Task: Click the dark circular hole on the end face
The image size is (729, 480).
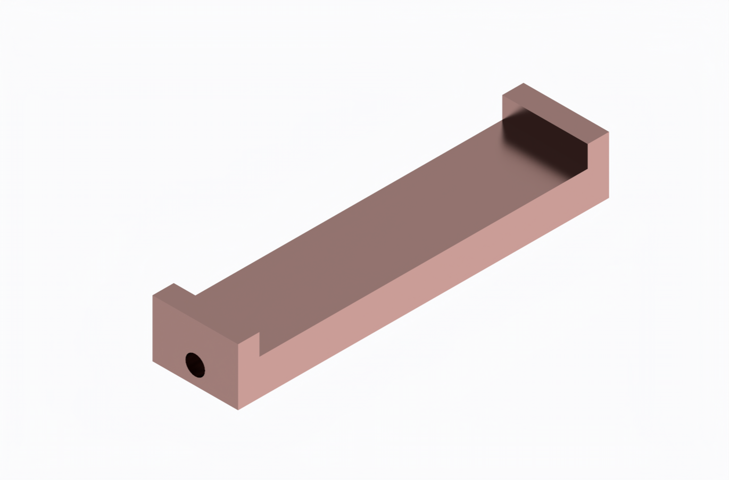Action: click(195, 365)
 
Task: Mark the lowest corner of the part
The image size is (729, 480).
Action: click(238, 410)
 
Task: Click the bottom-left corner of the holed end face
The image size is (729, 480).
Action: click(153, 361)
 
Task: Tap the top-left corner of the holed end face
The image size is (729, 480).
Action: click(153, 296)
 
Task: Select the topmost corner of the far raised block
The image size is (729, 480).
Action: click(524, 83)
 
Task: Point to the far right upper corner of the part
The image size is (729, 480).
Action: click(609, 132)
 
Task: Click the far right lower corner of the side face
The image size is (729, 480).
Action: click(609, 198)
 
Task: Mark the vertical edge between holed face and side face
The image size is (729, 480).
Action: click(238, 377)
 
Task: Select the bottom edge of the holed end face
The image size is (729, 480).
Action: click(195, 386)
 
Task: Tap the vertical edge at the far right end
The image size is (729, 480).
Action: click(609, 165)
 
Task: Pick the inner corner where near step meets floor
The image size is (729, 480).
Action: click(259, 356)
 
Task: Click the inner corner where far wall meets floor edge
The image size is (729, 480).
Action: click(587, 169)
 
